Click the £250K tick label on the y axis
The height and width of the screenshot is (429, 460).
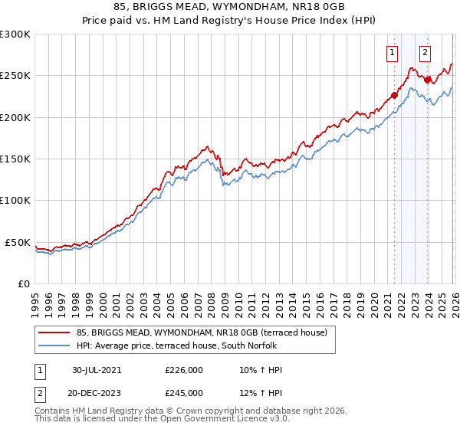click(x=15, y=76)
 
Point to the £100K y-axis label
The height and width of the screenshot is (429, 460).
click(x=15, y=200)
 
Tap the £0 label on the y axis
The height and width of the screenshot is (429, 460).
click(x=23, y=283)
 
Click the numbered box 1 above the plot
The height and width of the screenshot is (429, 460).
click(x=393, y=53)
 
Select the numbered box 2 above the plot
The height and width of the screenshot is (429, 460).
click(x=425, y=53)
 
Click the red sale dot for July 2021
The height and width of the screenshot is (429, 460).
click(x=394, y=96)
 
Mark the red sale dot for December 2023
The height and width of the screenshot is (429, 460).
click(x=427, y=80)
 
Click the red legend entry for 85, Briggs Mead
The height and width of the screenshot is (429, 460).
click(x=202, y=332)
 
